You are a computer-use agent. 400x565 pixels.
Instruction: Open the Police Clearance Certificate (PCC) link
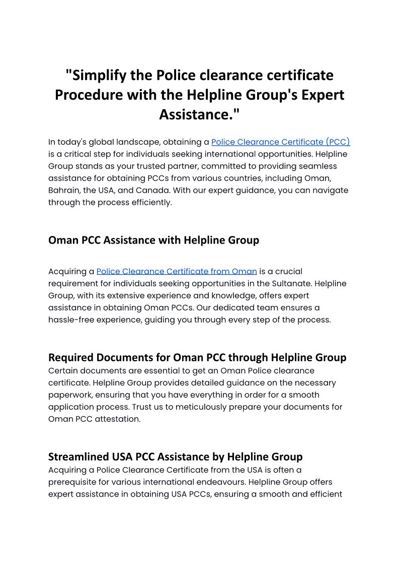280,142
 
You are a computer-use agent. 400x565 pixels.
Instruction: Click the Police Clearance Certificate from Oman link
177,272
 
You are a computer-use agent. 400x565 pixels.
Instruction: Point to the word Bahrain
64,190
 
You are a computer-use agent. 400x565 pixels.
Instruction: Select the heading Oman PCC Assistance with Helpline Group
153,240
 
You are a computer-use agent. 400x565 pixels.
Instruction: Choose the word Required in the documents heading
71,358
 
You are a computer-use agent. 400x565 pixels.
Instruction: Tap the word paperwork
70,394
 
